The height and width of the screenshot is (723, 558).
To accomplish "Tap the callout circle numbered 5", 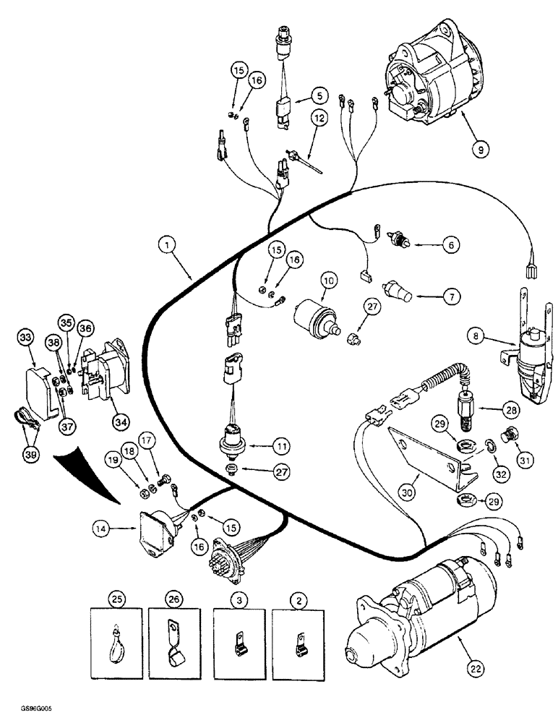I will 319,95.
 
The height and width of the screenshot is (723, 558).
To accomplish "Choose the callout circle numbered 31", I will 519,437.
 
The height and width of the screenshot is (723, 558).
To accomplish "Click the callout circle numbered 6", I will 449,245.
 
